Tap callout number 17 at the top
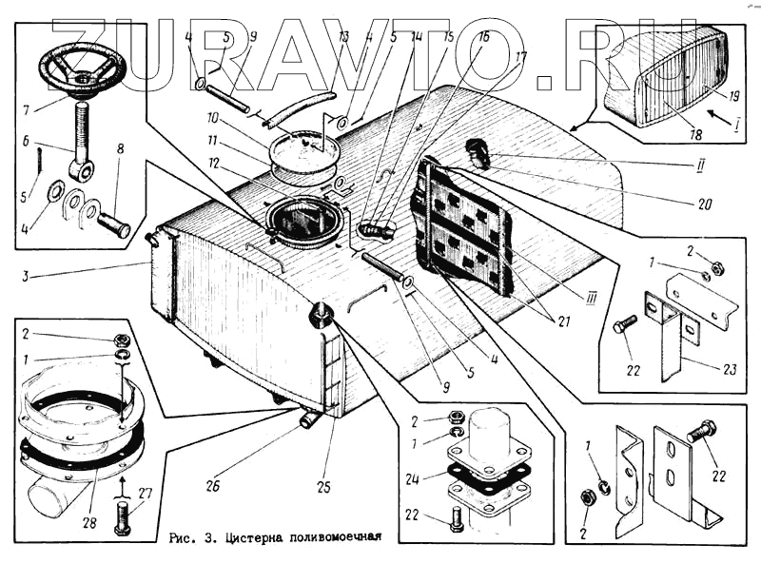click(521, 57)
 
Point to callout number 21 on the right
click(565, 321)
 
